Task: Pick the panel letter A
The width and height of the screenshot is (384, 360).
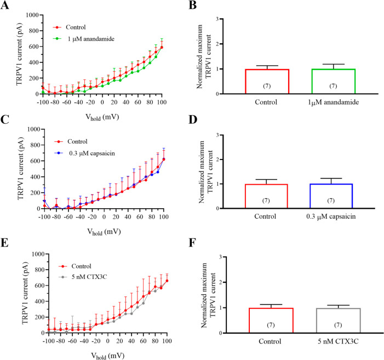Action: coord(5,5)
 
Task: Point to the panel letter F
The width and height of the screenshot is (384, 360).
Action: coord(193,243)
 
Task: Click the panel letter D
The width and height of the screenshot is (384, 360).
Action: coord(193,119)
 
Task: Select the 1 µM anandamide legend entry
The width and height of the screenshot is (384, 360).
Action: coord(84,39)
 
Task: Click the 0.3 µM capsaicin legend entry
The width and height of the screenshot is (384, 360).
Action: coord(85,153)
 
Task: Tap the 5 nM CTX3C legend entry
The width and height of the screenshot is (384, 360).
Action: coord(83,277)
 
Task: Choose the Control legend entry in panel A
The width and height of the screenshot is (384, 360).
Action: coord(70,27)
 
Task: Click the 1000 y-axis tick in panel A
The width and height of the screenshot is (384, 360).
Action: coord(32,15)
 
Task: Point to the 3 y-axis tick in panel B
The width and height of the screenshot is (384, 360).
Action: coord(217,19)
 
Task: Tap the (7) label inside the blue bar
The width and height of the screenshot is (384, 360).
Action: coord(331,201)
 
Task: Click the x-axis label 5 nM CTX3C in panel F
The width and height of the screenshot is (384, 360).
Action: coord(338,341)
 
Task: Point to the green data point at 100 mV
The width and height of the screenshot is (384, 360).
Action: coord(162,47)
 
